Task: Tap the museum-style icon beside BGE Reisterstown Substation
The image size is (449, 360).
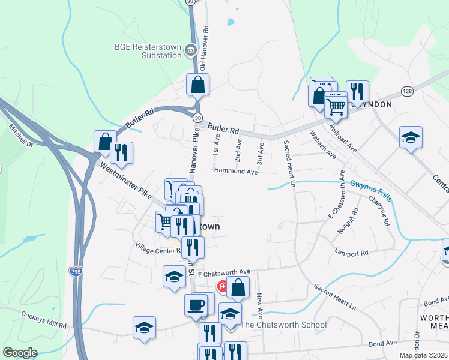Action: [191, 50]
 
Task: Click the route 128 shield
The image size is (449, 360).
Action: [408, 91]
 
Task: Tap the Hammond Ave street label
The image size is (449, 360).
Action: [237, 172]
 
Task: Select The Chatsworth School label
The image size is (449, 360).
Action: [283, 325]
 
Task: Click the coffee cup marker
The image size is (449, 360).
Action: [196, 305]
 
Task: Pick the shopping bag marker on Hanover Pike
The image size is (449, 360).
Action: [198, 85]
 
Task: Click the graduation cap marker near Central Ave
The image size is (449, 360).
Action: [411, 137]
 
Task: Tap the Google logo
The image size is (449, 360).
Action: [20, 353]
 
